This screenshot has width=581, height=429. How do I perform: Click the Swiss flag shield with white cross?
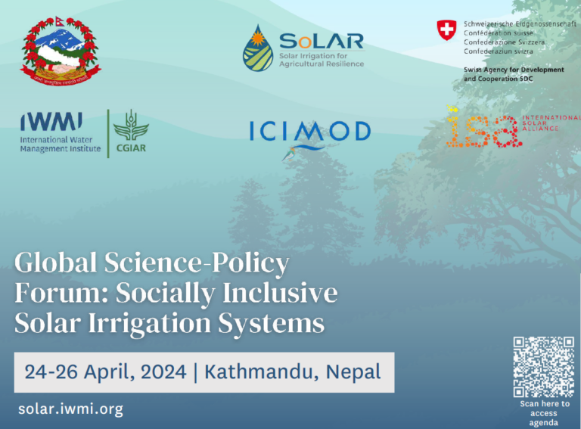point(447,30)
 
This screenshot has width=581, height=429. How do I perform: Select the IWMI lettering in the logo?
point(51,120)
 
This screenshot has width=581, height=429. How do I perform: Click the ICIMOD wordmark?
point(310,132)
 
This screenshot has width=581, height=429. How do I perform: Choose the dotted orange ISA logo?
point(482,128)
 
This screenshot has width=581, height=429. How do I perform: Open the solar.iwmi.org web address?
point(70,409)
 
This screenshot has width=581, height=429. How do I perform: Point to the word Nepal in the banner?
point(353,372)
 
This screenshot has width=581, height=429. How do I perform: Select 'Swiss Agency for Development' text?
point(514,70)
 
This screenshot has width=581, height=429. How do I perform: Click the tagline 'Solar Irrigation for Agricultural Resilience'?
point(322,60)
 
